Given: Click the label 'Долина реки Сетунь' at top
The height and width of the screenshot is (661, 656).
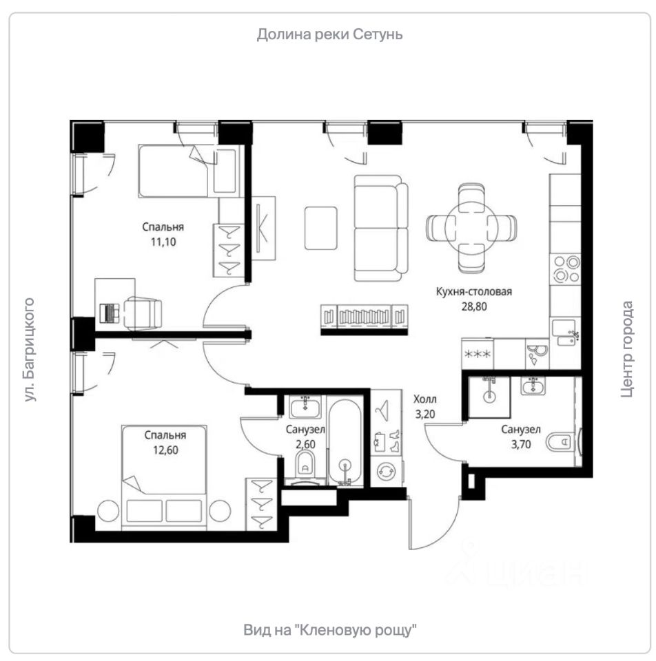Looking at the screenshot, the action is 329,34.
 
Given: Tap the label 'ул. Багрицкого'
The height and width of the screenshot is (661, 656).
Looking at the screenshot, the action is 29,350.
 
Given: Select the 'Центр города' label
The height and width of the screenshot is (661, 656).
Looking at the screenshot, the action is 626,349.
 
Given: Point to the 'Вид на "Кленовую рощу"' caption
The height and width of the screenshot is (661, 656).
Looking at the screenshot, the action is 330,630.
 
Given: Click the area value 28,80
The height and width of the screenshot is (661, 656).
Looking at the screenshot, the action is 474,306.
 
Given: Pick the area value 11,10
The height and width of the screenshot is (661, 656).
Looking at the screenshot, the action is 163,242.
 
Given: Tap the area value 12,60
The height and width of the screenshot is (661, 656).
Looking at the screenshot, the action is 165,450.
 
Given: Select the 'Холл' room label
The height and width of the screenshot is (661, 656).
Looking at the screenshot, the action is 425,399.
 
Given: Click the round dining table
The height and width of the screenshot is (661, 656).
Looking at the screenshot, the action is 471,228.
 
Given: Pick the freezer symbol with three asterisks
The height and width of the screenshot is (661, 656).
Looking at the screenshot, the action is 478,354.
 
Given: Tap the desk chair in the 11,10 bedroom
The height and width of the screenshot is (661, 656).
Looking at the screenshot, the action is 143,313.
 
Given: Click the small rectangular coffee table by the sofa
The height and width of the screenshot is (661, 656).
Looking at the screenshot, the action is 321,228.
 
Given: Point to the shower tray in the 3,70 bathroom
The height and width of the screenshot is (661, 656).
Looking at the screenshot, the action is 489,397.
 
